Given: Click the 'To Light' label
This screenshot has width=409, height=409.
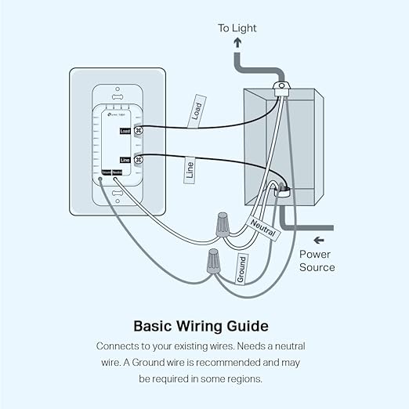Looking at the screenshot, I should tap(237, 28).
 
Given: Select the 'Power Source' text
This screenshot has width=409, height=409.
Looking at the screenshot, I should tap(317, 261).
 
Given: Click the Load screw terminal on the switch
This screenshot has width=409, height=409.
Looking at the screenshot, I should tap(139, 132).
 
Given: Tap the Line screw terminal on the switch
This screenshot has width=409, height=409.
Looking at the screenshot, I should tap(139, 159).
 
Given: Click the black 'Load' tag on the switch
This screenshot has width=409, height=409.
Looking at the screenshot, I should tap(125, 132).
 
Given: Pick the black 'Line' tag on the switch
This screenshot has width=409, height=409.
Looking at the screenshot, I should tap(125, 159).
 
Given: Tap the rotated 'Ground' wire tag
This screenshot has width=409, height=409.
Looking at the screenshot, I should tap(242, 269).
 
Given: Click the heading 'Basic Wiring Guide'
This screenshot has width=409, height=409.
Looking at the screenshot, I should tap(201, 325).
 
